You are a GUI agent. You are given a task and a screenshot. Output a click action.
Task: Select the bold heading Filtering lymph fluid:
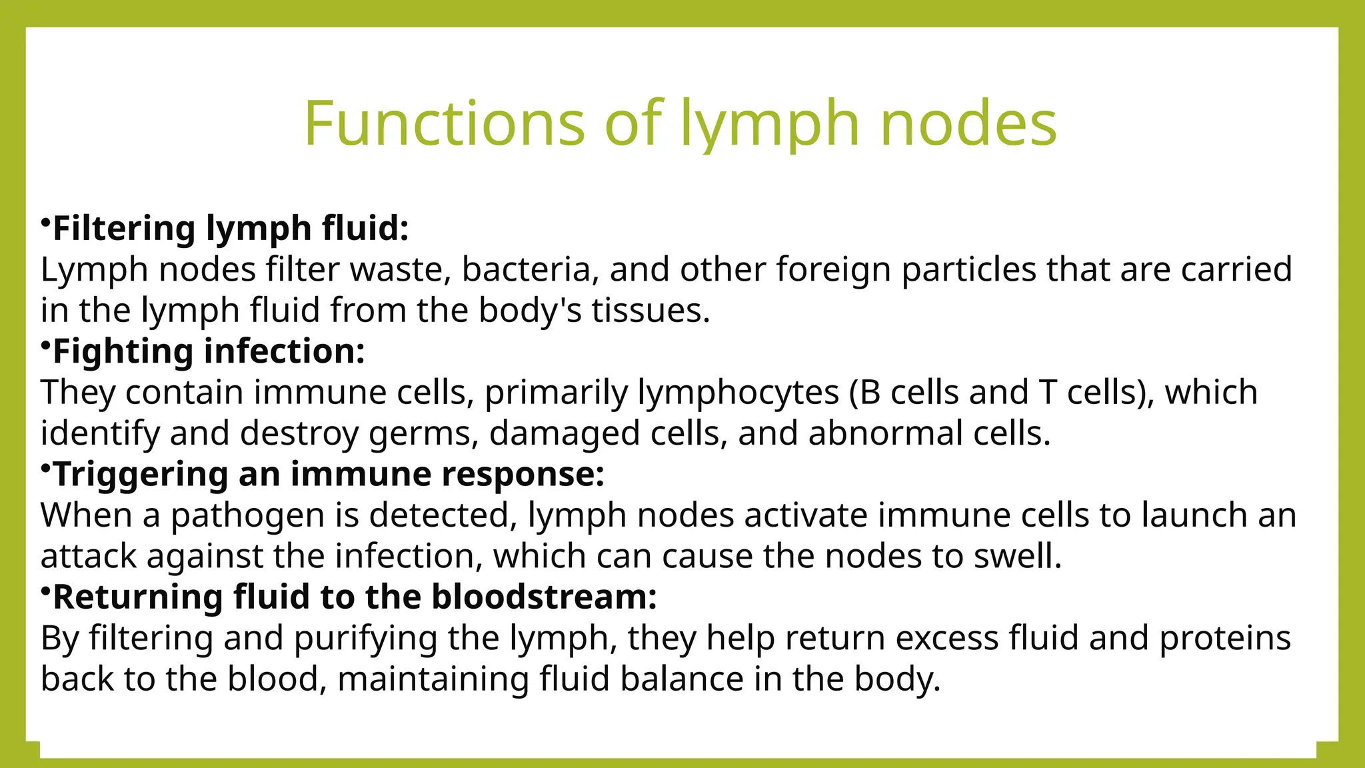point(230,229)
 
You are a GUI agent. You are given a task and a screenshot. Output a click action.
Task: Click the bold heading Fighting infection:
point(209,351)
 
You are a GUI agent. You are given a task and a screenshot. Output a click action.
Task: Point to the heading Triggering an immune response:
point(329,474)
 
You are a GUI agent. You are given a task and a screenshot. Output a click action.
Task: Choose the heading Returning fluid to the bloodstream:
point(355,597)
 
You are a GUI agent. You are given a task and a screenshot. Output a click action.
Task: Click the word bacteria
point(526,270)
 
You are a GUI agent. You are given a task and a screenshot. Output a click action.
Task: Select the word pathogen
point(247,515)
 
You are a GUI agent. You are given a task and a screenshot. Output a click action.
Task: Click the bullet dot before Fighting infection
point(45,345)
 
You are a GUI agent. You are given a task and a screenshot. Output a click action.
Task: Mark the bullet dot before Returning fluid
point(45,590)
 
